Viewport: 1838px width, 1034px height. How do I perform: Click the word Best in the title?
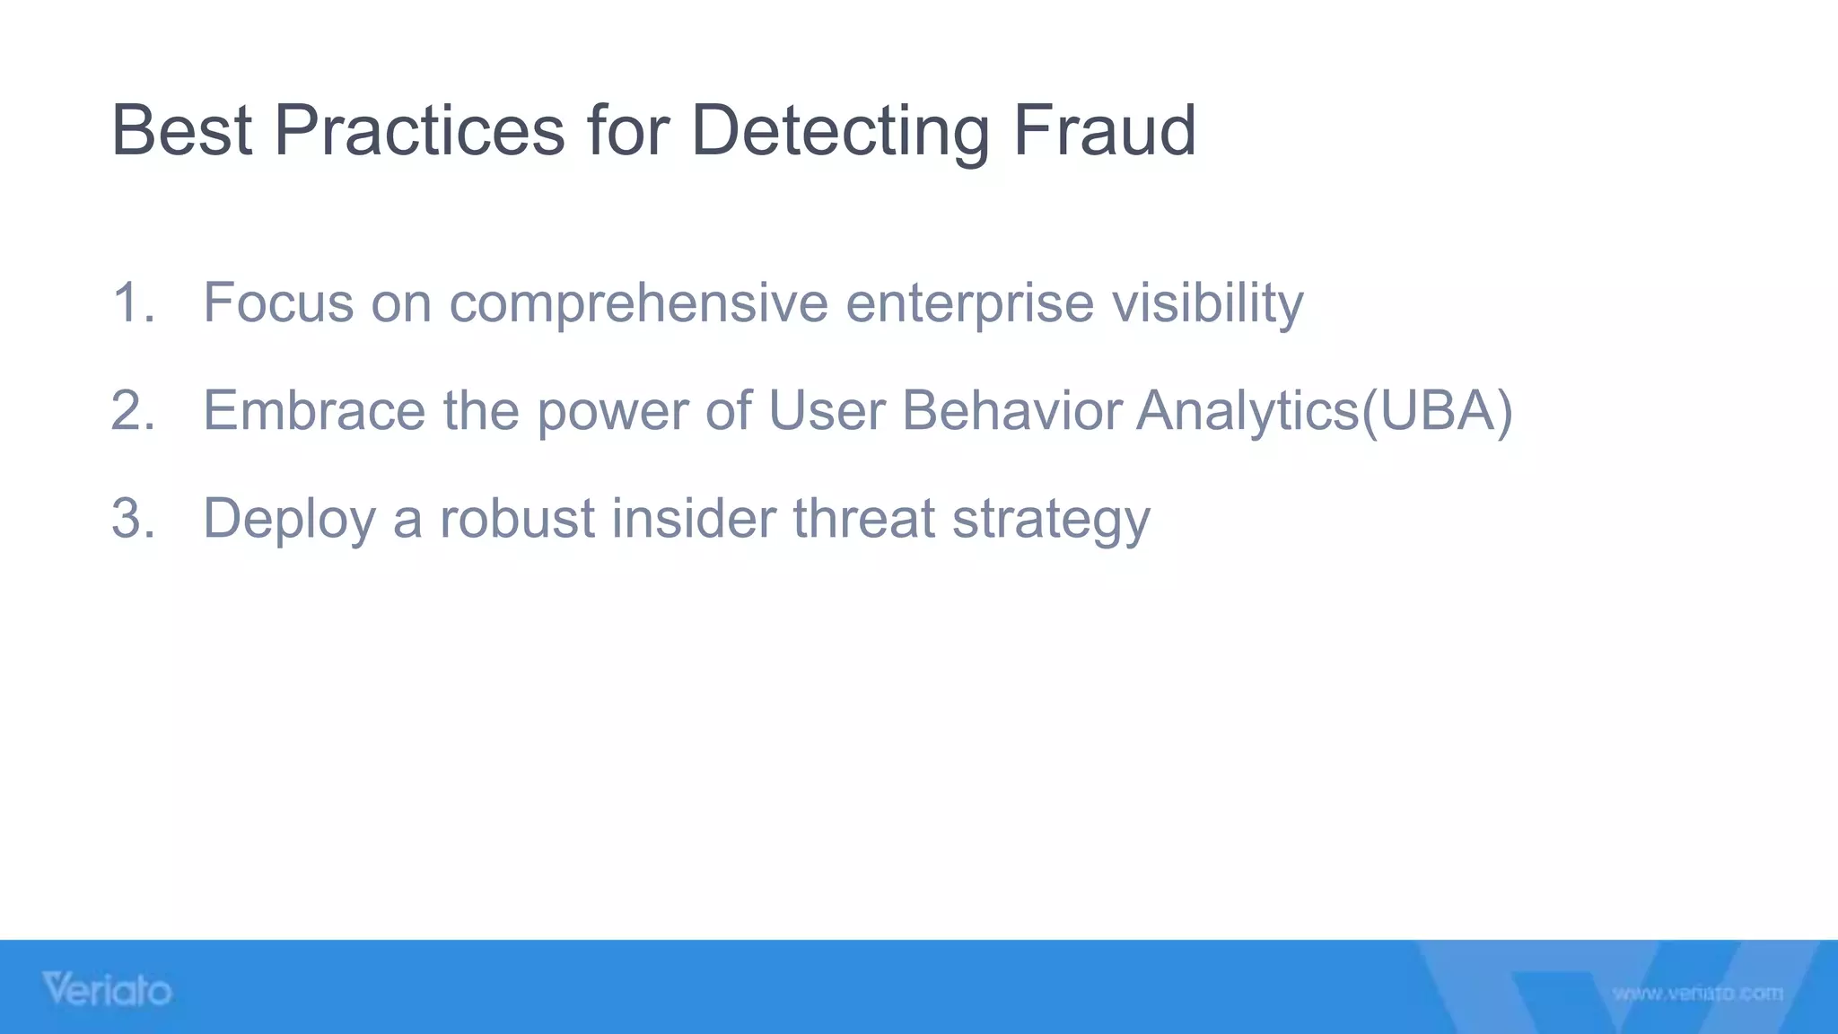click(180, 131)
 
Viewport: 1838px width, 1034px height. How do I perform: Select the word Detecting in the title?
click(840, 131)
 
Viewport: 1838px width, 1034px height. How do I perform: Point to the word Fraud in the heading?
click(1105, 131)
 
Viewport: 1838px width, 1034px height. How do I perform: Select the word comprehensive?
click(638, 304)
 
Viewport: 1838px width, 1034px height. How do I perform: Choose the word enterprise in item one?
click(969, 304)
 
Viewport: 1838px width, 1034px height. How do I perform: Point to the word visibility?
click(1208, 302)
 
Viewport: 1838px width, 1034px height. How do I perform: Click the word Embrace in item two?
click(314, 410)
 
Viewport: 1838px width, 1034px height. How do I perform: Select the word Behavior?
click(1011, 410)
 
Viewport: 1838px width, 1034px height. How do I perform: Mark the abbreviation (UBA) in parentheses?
click(1437, 410)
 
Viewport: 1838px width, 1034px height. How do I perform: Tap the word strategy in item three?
click(1051, 520)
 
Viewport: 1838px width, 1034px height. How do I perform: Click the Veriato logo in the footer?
click(107, 990)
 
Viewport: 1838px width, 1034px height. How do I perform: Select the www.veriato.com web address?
click(1697, 994)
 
